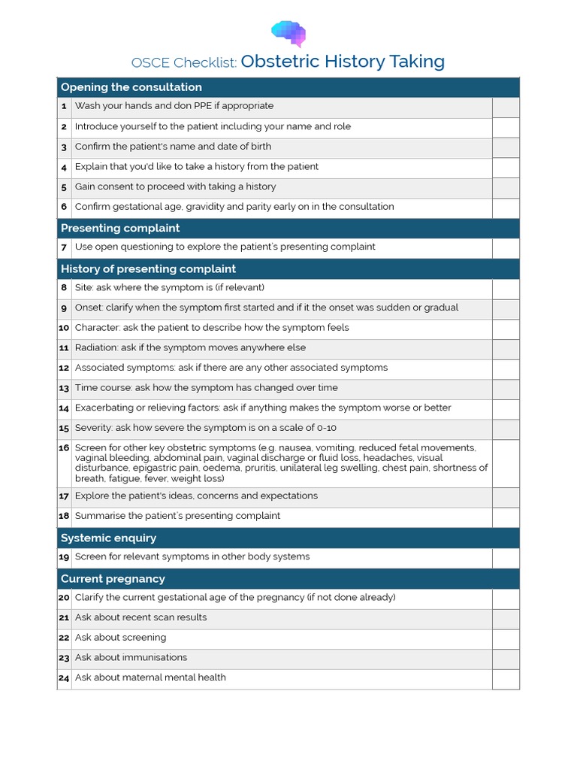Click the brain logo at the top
click(x=288, y=33)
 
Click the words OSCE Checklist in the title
click(x=184, y=62)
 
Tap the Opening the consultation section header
click(x=131, y=87)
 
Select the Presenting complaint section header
click(x=120, y=228)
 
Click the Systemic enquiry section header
click(x=108, y=538)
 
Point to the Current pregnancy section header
click(x=113, y=578)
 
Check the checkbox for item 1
click(x=506, y=107)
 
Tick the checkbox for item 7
click(x=506, y=247)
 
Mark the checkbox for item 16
click(x=506, y=462)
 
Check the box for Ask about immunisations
click(x=506, y=658)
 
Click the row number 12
click(x=64, y=368)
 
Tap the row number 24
click(x=64, y=678)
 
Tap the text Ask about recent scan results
click(x=140, y=617)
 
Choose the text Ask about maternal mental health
click(x=150, y=678)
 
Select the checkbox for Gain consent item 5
click(x=506, y=187)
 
